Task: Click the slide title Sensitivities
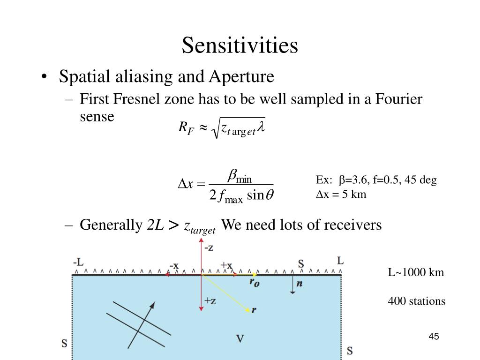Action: (x=240, y=45)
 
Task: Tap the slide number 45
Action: (x=433, y=337)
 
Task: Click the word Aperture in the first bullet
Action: (x=244, y=76)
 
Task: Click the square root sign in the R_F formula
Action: (x=216, y=128)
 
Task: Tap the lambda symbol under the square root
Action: (x=260, y=128)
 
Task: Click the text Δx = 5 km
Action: (x=340, y=194)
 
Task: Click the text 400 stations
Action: (x=416, y=301)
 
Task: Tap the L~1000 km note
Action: (x=415, y=272)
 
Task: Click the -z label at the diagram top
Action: (x=208, y=248)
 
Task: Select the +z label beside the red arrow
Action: (x=210, y=301)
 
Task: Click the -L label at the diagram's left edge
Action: (x=78, y=262)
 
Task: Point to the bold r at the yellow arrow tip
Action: (x=254, y=310)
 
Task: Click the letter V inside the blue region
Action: (x=240, y=338)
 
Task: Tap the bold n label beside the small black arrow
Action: (x=299, y=284)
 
